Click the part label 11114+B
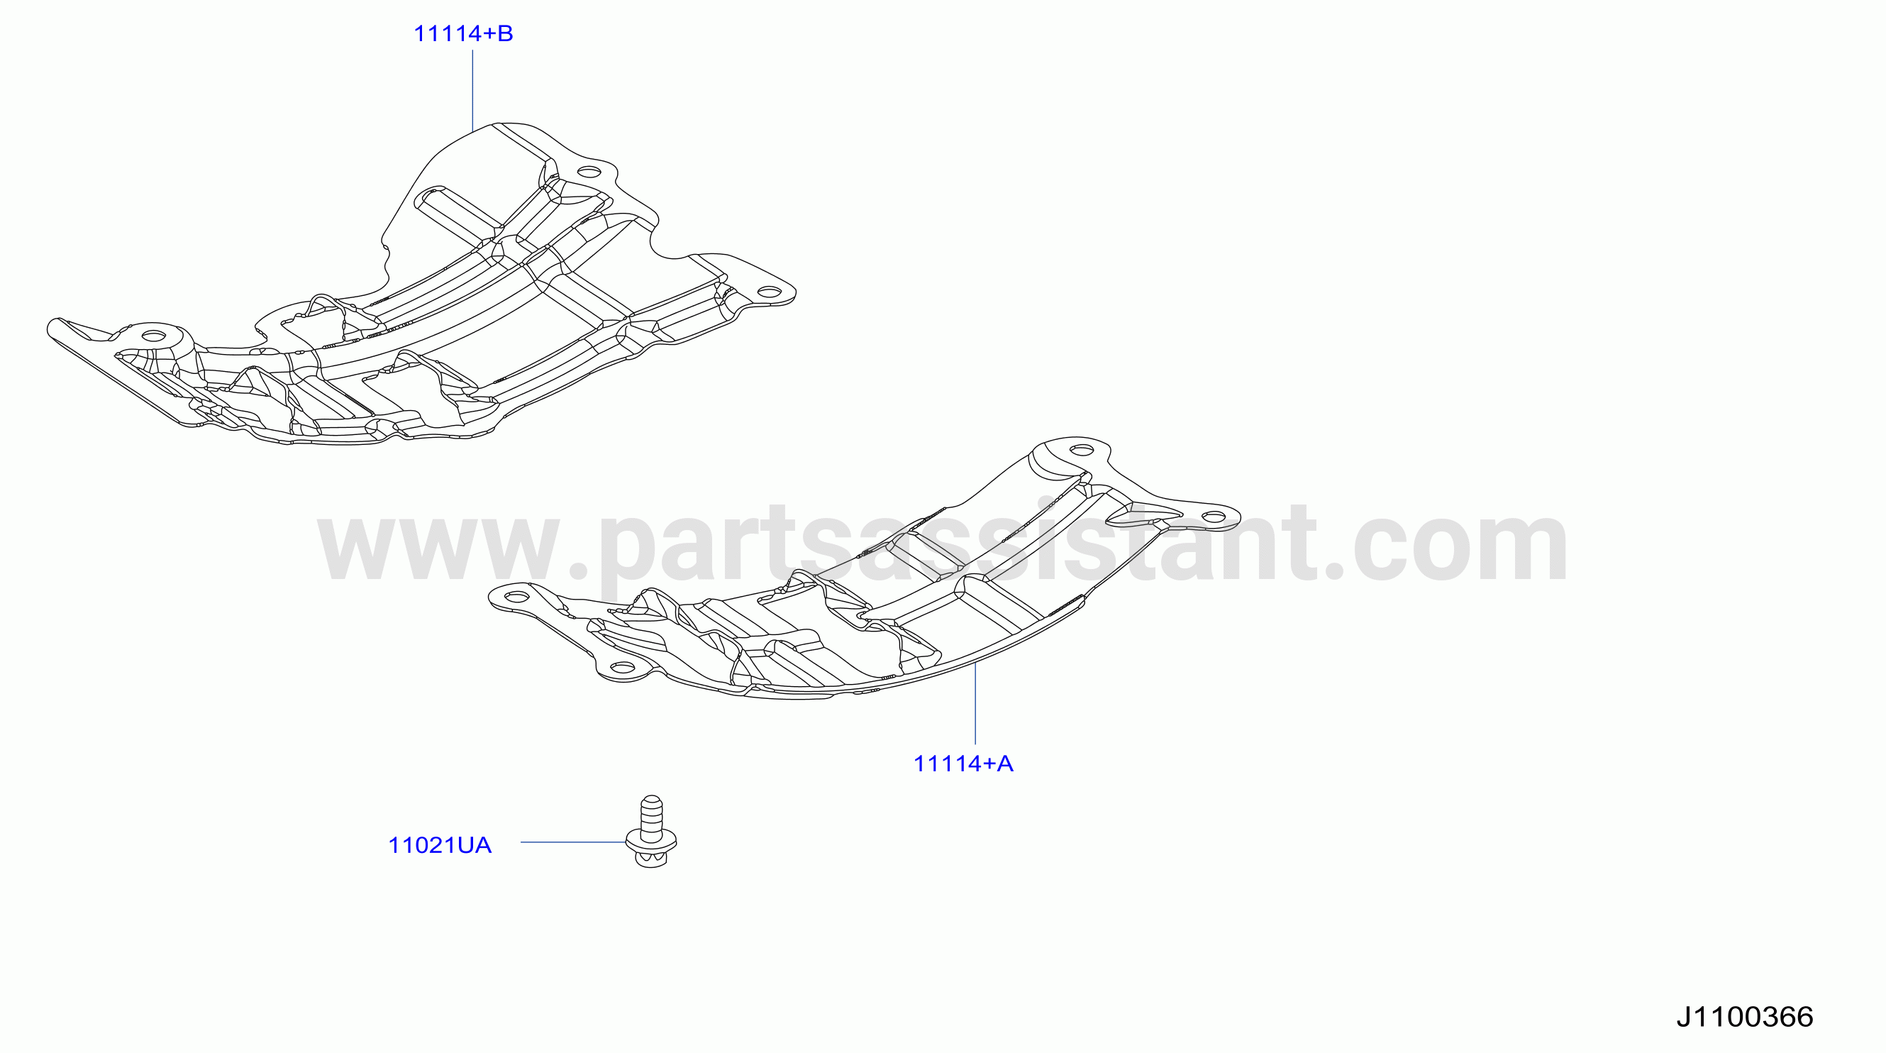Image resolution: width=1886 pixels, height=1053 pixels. click(x=463, y=33)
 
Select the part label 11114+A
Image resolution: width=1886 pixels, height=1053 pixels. click(x=963, y=763)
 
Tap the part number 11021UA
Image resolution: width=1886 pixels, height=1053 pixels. click(x=439, y=845)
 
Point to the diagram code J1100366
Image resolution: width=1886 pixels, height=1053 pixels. click(x=1745, y=1016)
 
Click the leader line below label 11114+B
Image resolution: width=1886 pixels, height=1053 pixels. click(x=472, y=90)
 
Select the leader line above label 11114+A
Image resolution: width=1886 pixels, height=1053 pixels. click(x=975, y=703)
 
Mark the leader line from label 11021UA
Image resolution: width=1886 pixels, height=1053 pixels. click(x=573, y=842)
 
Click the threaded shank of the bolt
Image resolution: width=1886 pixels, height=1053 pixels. click(x=651, y=815)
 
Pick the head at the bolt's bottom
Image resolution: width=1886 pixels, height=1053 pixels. click(x=651, y=860)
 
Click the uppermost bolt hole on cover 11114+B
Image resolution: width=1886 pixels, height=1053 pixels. click(x=589, y=174)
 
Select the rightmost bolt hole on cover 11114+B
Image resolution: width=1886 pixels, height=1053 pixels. click(x=769, y=292)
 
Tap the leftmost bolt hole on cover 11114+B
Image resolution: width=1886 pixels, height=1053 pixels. click(x=154, y=336)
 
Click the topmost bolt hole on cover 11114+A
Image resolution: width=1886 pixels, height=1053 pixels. click(x=1082, y=450)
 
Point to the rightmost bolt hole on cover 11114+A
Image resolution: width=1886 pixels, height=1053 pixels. click(x=1214, y=517)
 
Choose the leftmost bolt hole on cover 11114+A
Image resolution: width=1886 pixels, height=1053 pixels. click(x=516, y=597)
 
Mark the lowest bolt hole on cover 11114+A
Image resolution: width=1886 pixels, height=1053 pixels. click(x=622, y=667)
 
